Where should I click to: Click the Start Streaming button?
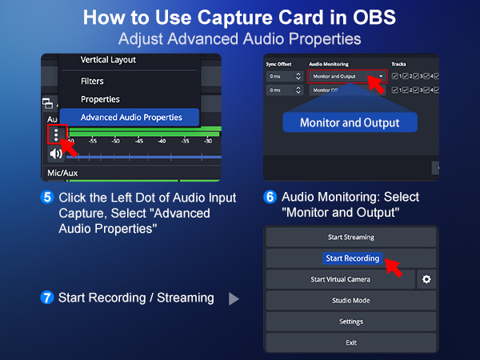click(x=351, y=237)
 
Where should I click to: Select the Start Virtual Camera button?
click(x=340, y=279)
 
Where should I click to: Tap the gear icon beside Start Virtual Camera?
click(x=426, y=279)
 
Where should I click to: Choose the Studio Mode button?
click(x=351, y=300)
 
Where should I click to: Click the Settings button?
click(x=351, y=321)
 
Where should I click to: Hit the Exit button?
click(x=351, y=342)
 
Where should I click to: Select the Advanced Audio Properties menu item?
click(x=130, y=118)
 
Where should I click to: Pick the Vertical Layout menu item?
click(x=108, y=60)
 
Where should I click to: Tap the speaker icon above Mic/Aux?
click(x=56, y=154)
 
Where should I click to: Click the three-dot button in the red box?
click(x=56, y=134)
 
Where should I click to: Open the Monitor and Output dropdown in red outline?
click(x=348, y=77)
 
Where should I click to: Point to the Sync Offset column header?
click(x=281, y=63)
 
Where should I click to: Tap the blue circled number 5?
click(x=47, y=198)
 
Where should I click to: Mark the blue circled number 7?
click(x=47, y=298)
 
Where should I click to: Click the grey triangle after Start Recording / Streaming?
click(x=234, y=298)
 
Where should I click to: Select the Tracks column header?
click(x=398, y=63)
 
